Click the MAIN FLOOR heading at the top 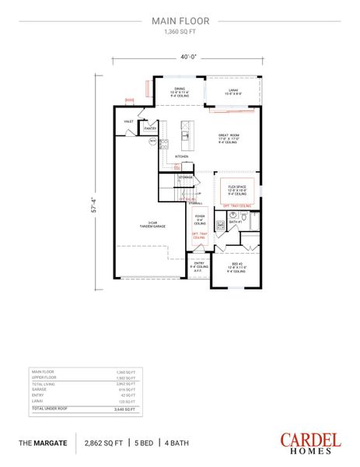[x=180, y=23]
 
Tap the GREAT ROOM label [x=228, y=136]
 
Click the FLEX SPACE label [x=236, y=187]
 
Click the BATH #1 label [x=233, y=222]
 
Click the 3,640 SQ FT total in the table [x=126, y=409]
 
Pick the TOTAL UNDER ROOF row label [x=47, y=409]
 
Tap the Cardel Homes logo [x=311, y=441]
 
